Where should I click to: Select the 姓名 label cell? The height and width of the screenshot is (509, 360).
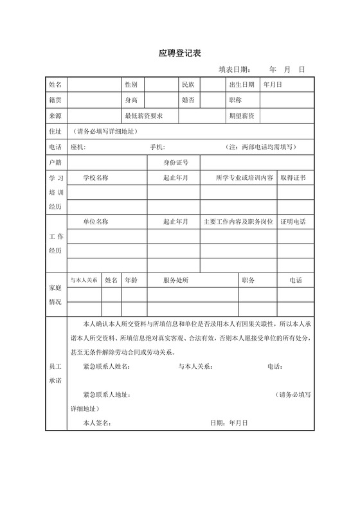[55, 85]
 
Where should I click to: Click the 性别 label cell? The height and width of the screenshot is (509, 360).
[131, 85]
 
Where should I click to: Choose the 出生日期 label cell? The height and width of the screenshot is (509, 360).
[241, 85]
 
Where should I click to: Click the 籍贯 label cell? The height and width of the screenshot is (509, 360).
[55, 100]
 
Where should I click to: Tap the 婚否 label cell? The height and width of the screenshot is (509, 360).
[188, 100]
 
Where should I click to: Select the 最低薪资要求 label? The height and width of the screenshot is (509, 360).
[143, 116]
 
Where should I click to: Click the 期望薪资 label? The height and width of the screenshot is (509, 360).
[241, 116]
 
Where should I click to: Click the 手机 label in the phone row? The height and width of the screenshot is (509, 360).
[157, 147]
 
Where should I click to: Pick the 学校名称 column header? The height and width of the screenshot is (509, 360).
[96, 177]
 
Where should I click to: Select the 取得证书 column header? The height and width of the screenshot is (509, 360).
[292, 177]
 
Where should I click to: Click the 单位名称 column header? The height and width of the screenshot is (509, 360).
[96, 222]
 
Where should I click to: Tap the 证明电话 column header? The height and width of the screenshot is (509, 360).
[292, 222]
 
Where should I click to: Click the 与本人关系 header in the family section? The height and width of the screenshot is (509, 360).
[84, 280]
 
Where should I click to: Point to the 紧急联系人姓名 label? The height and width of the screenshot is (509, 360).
[106, 367]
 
